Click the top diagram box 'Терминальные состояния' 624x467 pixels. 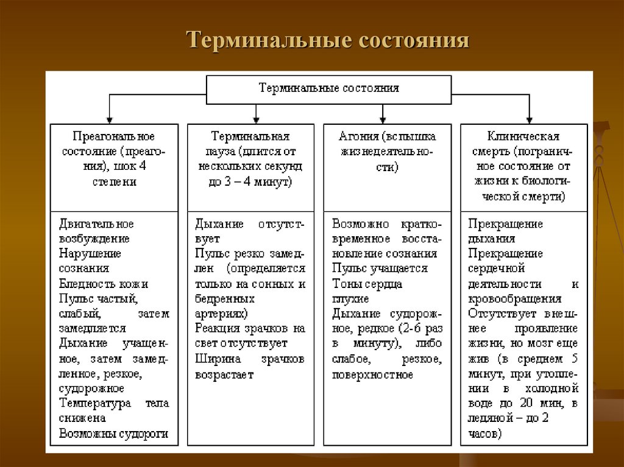coord(329,88)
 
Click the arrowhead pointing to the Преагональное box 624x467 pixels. coord(109,119)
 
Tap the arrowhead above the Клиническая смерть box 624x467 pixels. coord(529,119)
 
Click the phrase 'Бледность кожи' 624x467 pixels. coord(104,284)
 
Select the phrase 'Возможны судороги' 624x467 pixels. coord(114,434)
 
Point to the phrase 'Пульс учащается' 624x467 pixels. coord(380,269)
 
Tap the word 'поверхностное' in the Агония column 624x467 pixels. coord(372,374)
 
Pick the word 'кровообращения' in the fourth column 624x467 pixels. coord(515,299)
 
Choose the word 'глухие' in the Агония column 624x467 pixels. coord(350,299)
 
